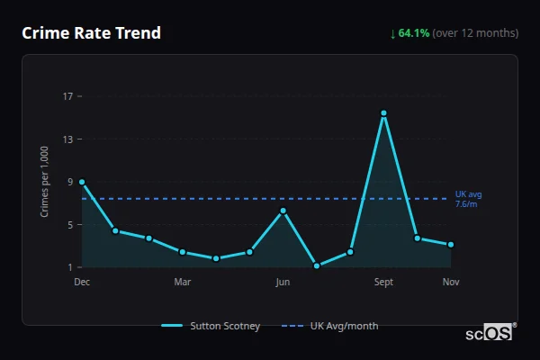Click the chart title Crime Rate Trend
91,33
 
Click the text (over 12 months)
475,33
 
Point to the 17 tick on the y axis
67,96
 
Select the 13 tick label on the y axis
67,139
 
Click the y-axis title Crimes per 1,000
45,182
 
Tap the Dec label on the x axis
82,283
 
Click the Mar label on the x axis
182,283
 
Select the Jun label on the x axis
283,283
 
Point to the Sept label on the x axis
383,283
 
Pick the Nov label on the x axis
451,283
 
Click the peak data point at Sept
383,113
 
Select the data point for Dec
82,182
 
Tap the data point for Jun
283,211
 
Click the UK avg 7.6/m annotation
468,199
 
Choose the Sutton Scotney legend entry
211,326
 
